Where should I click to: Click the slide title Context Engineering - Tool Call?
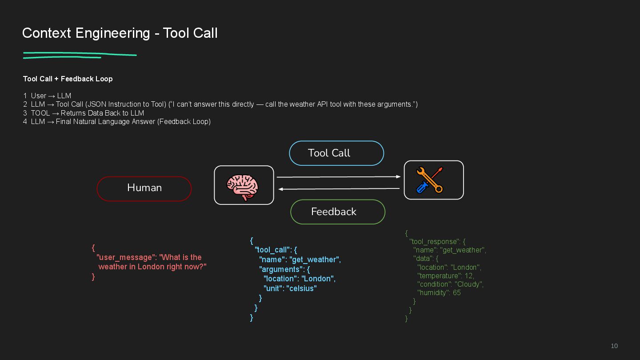pyautogui.click(x=120, y=33)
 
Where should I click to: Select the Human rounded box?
pyautogui.click(x=144, y=188)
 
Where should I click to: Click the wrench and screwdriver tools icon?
pyautogui.click(x=430, y=180)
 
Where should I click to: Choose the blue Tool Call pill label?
pyautogui.click(x=336, y=153)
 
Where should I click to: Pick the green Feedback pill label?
pyautogui.click(x=337, y=212)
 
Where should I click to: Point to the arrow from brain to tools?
pyautogui.click(x=338, y=177)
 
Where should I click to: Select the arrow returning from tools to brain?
pyautogui.click(x=338, y=189)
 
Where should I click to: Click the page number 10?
pyautogui.click(x=614, y=346)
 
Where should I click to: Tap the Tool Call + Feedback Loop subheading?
pyautogui.click(x=68, y=79)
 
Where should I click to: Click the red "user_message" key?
pyautogui.click(x=127, y=257)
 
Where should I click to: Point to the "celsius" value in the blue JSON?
pyautogui.click(x=301, y=288)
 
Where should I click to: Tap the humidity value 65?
pyautogui.click(x=456, y=292)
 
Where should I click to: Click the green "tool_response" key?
pyautogui.click(x=434, y=241)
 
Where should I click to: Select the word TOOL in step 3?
pyautogui.click(x=40, y=113)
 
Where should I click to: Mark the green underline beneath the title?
pyautogui.click(x=80, y=55)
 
